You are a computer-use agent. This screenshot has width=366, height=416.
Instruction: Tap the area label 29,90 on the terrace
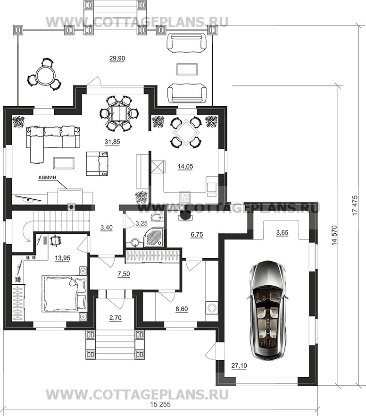(117, 59)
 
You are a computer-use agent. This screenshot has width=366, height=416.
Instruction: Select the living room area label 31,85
(112, 142)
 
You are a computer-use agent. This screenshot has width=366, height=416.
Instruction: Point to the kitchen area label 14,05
(185, 166)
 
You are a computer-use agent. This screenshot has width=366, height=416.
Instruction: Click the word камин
(48, 177)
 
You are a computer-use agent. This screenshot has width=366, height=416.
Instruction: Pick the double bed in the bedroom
(64, 293)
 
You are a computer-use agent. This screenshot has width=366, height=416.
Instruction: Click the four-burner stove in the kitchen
(185, 197)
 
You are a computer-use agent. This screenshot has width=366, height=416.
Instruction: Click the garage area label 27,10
(239, 365)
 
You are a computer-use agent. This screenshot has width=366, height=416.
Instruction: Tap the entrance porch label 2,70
(115, 318)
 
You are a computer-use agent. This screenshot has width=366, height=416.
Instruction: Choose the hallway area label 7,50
(124, 274)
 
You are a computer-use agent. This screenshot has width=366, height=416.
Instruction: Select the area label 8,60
(182, 309)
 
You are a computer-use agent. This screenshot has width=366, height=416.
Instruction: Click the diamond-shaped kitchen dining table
(185, 132)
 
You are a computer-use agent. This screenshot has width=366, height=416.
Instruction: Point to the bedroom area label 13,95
(63, 258)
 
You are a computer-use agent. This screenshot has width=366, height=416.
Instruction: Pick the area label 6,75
(197, 234)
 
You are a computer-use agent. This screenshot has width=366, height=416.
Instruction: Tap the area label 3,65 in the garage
(282, 233)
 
